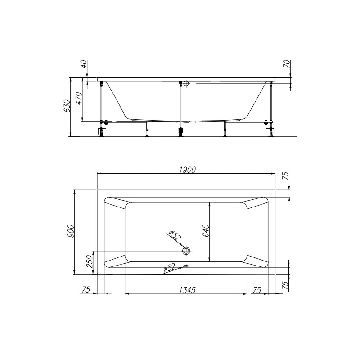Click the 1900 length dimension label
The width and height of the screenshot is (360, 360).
[187, 170]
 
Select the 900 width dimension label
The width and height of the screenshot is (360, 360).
[71, 231]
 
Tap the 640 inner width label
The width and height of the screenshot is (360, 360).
[206, 230]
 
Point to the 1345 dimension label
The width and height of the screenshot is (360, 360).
[187, 290]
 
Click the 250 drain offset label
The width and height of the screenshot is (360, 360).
[90, 261]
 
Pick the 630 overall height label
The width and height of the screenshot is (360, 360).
[67, 106]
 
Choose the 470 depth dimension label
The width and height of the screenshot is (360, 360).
[79, 99]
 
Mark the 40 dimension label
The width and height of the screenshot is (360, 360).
[84, 64]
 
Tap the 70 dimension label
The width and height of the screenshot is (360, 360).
[287, 64]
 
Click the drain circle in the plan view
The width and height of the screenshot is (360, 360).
[186, 251]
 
